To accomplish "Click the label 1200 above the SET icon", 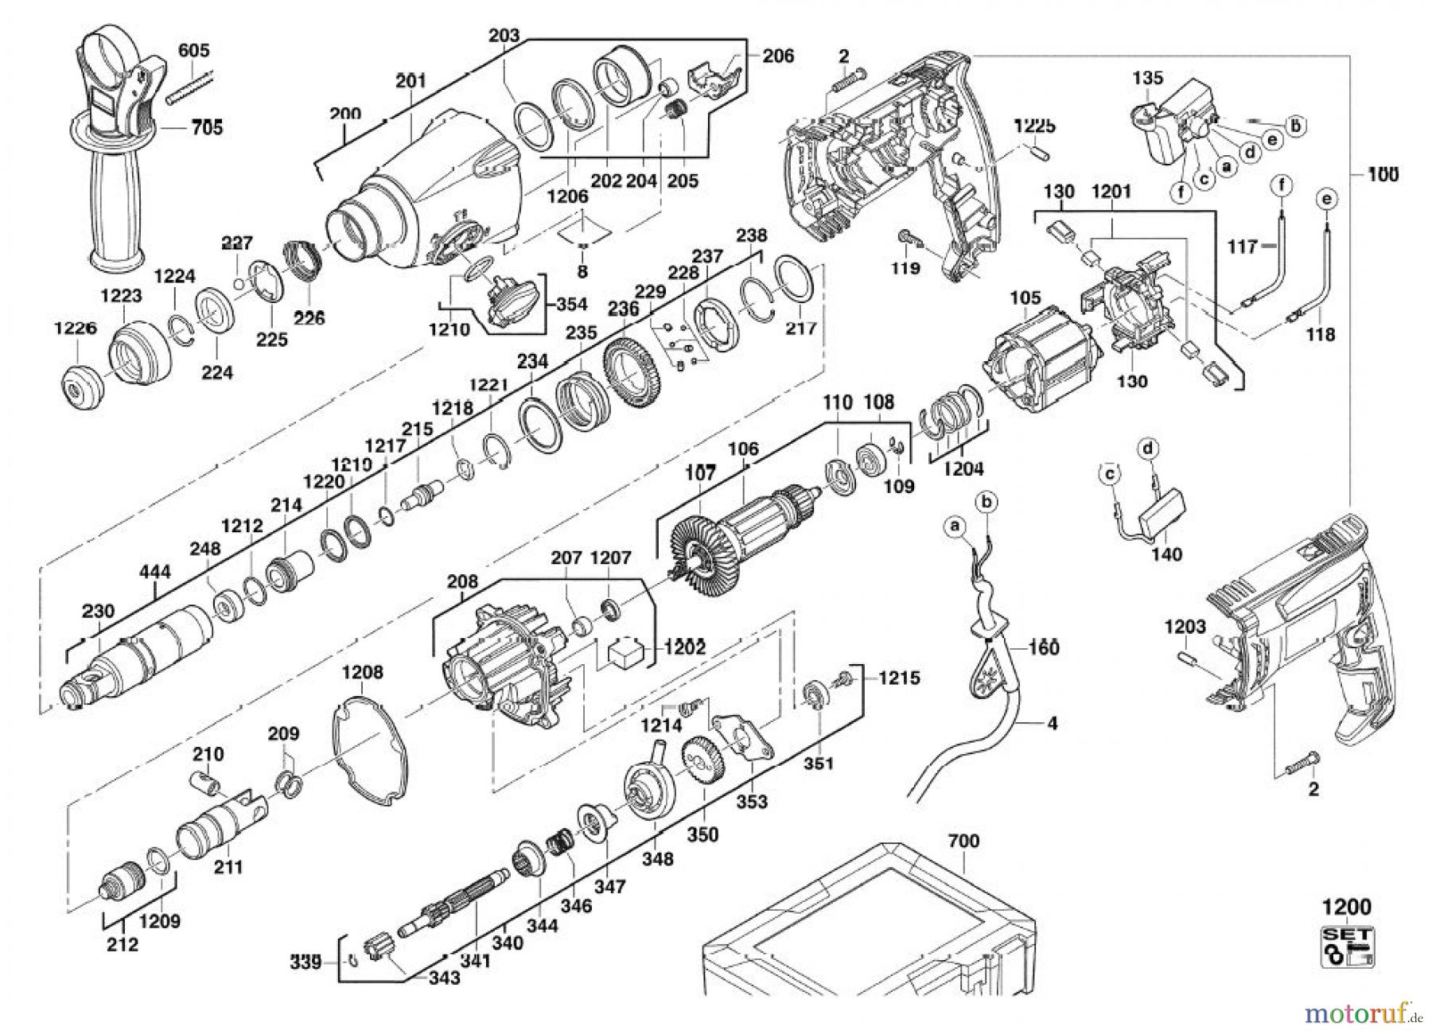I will click(1347, 908).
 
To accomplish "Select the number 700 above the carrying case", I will click(963, 841).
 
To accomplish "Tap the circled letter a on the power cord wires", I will click(955, 526).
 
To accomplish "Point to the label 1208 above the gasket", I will click(362, 673).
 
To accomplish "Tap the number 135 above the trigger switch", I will click(1147, 78).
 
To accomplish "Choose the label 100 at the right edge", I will click(1384, 174).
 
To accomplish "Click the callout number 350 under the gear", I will click(702, 834).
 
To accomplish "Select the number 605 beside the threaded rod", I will click(193, 51).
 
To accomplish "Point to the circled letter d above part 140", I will click(1146, 450).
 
